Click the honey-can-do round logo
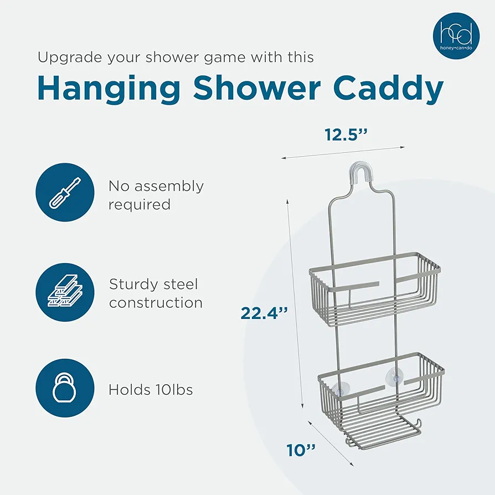(456, 36)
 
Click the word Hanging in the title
(109, 89)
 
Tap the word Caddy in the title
(388, 89)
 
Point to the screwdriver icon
(65, 192)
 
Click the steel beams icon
(65, 292)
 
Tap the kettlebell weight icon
(65, 388)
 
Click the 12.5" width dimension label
(346, 135)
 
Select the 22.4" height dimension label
(264, 313)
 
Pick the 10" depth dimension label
(301, 450)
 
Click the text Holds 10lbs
(151, 390)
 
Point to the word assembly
(169, 187)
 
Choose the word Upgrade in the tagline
(70, 58)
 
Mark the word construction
(156, 303)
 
